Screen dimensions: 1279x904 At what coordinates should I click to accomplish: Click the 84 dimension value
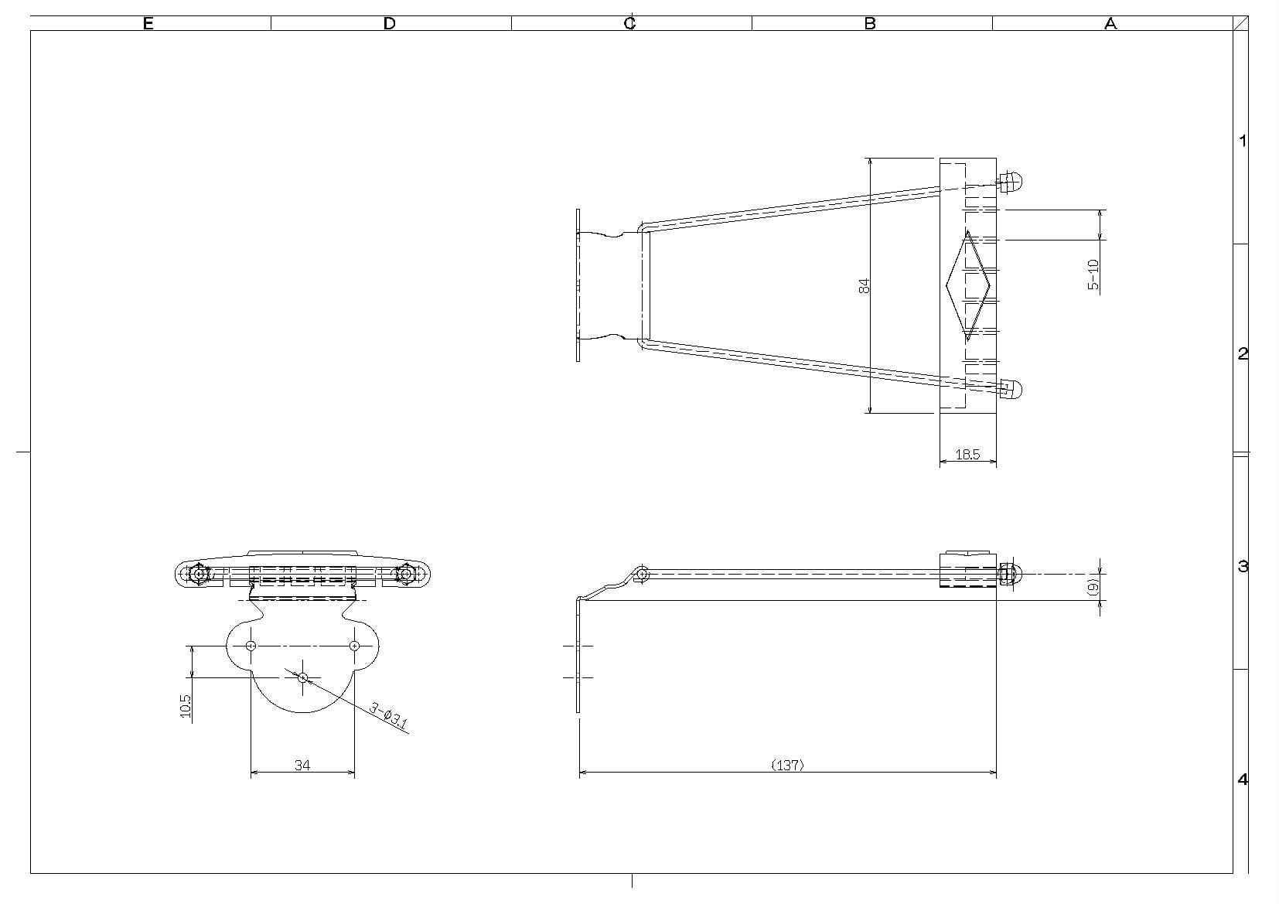[865, 286]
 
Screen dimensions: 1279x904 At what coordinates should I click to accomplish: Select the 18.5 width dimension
[968, 455]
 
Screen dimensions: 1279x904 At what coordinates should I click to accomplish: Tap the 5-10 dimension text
[1093, 275]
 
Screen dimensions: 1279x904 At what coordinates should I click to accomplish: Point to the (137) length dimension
[787, 765]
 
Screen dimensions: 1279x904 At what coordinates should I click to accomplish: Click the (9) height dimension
[1093, 587]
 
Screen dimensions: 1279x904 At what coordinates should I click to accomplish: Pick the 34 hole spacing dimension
[302, 765]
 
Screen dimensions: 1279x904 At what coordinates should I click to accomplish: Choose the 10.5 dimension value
[186, 706]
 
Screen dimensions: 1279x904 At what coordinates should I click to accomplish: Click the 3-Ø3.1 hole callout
[389, 716]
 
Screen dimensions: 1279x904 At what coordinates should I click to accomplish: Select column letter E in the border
[148, 23]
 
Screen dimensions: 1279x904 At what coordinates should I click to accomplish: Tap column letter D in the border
[390, 23]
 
